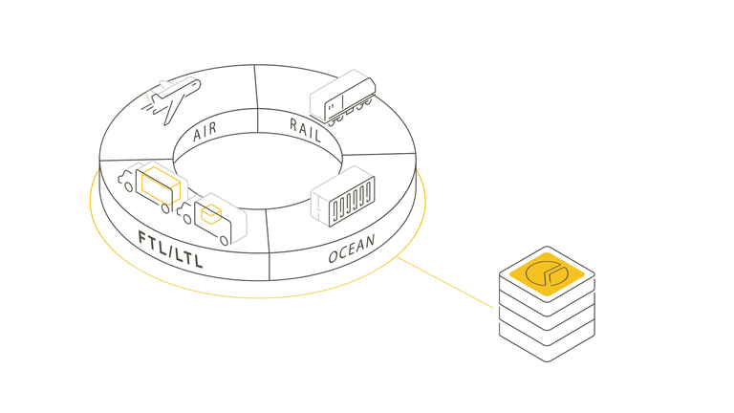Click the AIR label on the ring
pyautogui.click(x=205, y=132)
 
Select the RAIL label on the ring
pyautogui.click(x=305, y=130)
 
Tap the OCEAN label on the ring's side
pyautogui.click(x=352, y=249)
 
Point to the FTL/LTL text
pyautogui.click(x=170, y=250)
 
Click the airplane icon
pyautogui.click(x=171, y=99)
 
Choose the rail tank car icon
pyautogui.click(x=343, y=98)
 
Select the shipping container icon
pyautogui.click(x=343, y=196)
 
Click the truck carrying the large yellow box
pyautogui.click(x=153, y=186)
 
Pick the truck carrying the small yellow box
pyautogui.click(x=212, y=219)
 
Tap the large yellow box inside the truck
pyautogui.click(x=161, y=185)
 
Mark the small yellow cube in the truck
pyautogui.click(x=211, y=214)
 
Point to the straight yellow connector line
pyautogui.click(x=444, y=282)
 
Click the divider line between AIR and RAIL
pyautogui.click(x=256, y=98)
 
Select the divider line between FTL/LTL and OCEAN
pyautogui.click(x=268, y=245)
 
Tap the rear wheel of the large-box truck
pyautogui.click(x=165, y=208)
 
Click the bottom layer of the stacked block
pyautogui.click(x=547, y=341)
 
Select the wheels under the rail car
pyautogui.click(x=350, y=113)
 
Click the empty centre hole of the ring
pyautogui.click(x=257, y=171)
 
